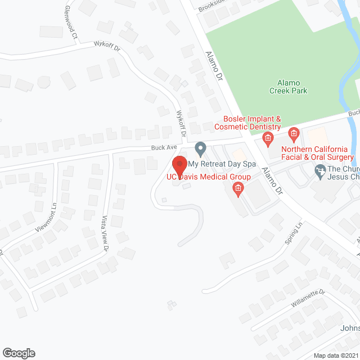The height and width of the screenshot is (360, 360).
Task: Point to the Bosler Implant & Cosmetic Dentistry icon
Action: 268,138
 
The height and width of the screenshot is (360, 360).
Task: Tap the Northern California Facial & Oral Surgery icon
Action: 293,134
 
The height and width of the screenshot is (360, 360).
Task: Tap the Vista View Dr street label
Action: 104,233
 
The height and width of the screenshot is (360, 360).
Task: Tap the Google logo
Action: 18,353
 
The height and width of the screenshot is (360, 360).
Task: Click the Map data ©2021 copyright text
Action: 335,355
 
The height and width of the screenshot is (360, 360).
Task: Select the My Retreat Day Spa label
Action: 222,164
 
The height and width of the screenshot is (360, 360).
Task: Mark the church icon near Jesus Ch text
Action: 320,169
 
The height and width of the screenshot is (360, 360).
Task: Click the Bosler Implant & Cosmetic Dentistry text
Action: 252,123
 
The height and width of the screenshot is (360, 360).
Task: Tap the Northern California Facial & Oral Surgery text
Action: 318,154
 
